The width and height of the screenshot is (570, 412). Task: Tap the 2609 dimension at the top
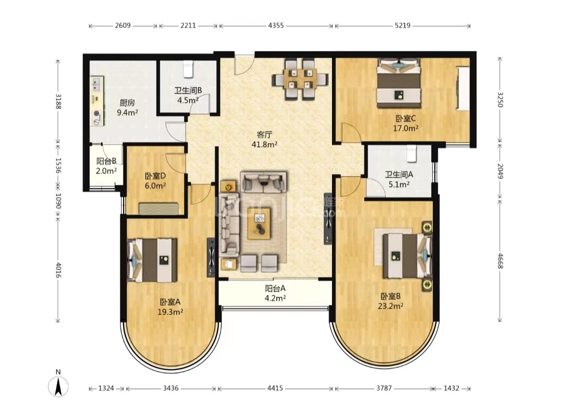point(123,25)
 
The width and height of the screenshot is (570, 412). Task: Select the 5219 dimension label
point(402,25)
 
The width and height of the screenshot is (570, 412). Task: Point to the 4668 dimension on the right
point(500,261)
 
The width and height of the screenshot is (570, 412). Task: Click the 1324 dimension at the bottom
point(106,388)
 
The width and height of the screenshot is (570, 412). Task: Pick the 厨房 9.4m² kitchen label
point(127,108)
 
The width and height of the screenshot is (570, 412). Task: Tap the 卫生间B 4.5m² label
point(188,95)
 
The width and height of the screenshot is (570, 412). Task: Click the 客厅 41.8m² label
point(265,139)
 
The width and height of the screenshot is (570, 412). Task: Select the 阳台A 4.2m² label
point(275,293)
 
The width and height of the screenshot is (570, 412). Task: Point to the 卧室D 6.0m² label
point(156,181)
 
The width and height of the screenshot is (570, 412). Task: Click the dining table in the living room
point(301,80)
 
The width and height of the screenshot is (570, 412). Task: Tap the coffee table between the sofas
point(259,223)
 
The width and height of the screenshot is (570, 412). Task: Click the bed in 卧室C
point(398,83)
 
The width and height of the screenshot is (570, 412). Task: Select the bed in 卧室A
point(152,260)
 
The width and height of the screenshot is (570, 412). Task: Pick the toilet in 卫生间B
point(188,69)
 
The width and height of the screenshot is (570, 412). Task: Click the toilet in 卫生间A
point(411,154)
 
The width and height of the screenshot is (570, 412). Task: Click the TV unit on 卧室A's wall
point(211,257)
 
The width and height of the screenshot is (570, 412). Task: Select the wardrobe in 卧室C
point(463,87)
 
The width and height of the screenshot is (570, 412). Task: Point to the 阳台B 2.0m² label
point(106,166)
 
